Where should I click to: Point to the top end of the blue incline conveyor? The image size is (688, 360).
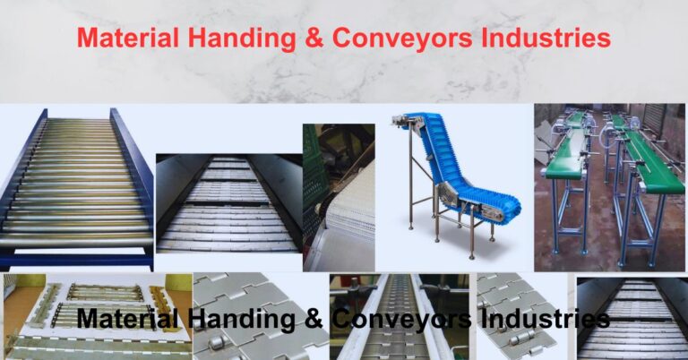coord(415,121)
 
